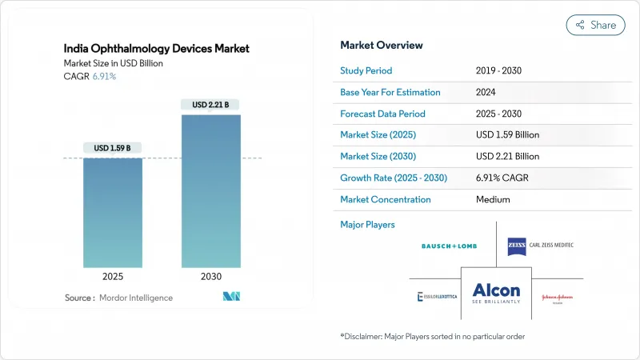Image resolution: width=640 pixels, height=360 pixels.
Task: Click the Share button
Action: (596, 25)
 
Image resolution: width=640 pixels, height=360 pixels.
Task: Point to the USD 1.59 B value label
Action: (113, 147)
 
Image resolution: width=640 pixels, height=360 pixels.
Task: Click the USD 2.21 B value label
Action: (210, 105)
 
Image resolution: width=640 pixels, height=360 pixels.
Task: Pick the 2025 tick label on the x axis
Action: (113, 276)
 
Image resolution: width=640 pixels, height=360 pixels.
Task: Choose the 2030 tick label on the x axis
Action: (210, 276)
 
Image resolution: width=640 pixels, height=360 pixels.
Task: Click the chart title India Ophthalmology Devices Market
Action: (156, 49)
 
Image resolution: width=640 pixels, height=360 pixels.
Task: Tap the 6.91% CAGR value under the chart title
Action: (104, 76)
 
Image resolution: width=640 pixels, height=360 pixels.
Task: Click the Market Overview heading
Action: (382, 46)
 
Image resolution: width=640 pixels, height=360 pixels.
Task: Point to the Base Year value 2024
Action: (486, 93)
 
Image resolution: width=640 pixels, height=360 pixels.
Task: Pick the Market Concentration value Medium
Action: (493, 199)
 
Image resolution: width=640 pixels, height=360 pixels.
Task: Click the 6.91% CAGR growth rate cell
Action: (504, 178)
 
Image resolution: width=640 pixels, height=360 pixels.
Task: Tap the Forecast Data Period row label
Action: (382, 114)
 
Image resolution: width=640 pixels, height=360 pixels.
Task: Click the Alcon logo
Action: (496, 294)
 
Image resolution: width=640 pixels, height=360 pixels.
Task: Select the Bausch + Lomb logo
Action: (449, 246)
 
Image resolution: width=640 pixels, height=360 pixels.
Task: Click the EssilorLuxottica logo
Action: (438, 297)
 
